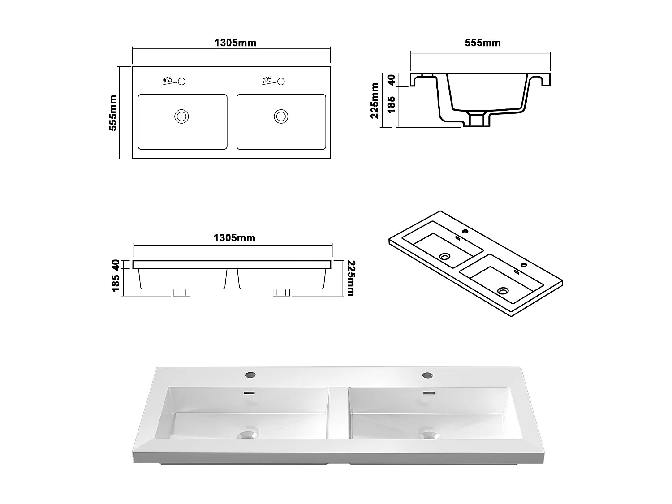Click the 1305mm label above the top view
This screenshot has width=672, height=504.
coord(235,43)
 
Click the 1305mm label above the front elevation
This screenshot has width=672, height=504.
coord(234,238)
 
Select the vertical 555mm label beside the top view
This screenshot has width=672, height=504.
coord(113,113)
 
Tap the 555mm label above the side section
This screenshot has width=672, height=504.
coord(482,43)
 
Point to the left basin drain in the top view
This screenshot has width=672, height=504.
coord(181,116)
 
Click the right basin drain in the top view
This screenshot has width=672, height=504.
coord(281,116)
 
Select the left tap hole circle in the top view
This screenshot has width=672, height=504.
coord(181,82)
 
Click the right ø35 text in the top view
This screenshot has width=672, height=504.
coord(267,80)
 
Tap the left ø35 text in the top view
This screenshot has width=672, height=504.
coord(167,80)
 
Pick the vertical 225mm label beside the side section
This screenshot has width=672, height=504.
coord(375,101)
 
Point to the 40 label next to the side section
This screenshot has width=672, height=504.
coord(391,80)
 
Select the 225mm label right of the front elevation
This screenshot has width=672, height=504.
coord(350,279)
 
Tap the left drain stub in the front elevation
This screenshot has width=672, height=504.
coord(181,293)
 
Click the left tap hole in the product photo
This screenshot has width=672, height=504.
coord(249,375)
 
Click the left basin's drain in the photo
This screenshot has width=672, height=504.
coord(248,434)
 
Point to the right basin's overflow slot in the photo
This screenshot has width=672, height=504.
coord(429,393)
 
